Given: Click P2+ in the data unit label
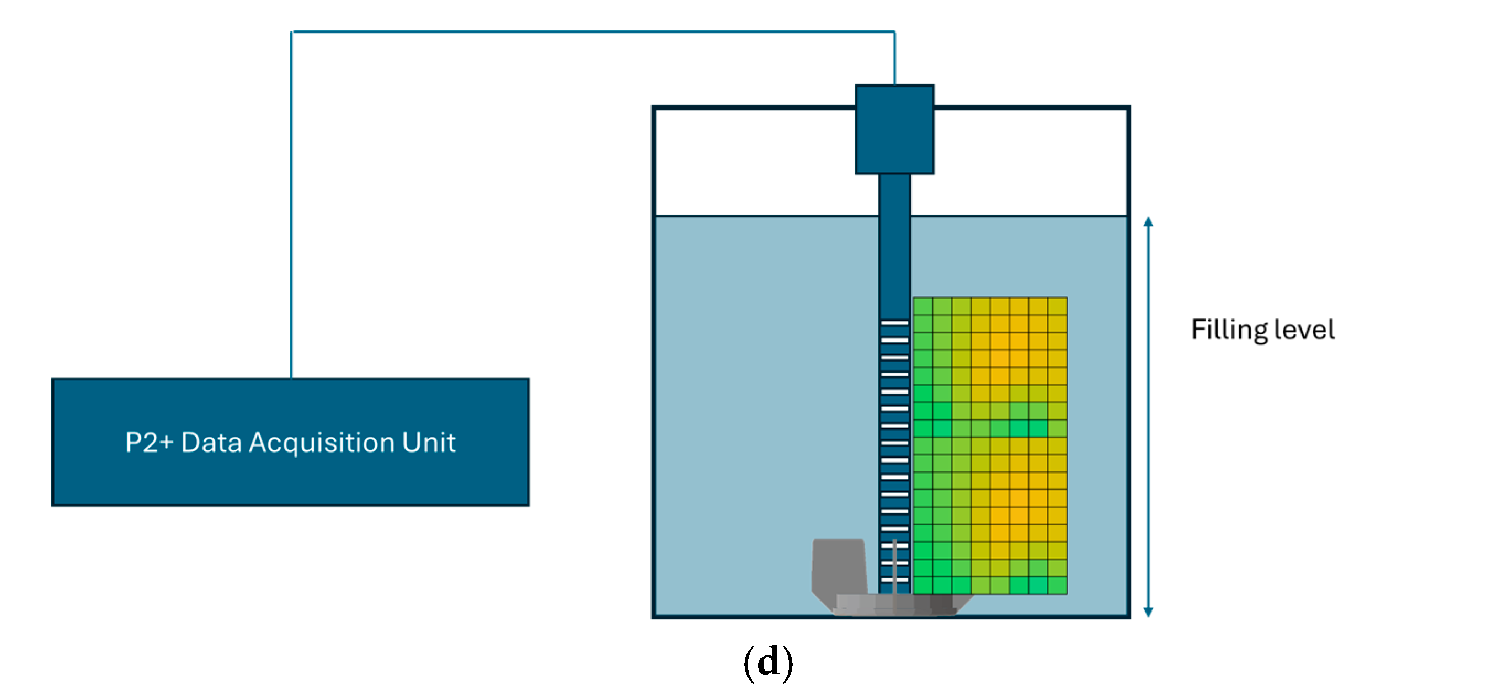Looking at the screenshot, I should coord(149,442).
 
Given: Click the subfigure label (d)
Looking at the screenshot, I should coord(768,662).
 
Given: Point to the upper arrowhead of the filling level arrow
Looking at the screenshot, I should coord(1148,221).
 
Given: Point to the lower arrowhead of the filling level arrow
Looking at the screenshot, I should coord(1148,612).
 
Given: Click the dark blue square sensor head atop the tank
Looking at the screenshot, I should coord(894,129).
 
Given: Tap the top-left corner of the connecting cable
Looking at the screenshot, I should coord(291,32).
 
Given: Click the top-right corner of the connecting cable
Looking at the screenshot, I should coord(894,32).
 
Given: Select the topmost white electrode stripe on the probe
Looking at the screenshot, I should coord(894,323).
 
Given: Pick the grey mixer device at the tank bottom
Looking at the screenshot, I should coord(840,571).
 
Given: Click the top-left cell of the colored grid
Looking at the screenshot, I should coord(923,306).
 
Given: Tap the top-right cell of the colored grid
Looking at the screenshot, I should coord(1057,306).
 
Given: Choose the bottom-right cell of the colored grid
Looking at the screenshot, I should coord(1057,585).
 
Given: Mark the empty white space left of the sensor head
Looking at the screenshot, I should coord(754,162).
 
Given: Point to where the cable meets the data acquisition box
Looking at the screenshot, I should coord(291,378).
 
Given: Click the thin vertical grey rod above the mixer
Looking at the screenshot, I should coord(894,566).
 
